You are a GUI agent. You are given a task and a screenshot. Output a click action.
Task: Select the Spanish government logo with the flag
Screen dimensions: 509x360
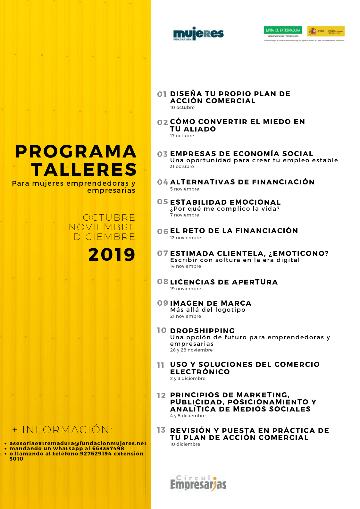click(x=326, y=31)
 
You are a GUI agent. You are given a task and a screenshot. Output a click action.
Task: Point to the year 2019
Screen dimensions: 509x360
click(x=112, y=255)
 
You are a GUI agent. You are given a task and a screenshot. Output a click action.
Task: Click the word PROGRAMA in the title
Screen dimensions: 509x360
click(x=76, y=152)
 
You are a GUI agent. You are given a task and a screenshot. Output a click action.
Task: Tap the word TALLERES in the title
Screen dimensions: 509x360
click(x=84, y=170)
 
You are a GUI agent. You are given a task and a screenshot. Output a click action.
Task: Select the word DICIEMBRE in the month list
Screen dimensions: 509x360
click(x=104, y=237)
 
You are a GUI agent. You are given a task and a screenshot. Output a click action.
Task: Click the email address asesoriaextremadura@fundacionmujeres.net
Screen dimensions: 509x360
click(x=78, y=443)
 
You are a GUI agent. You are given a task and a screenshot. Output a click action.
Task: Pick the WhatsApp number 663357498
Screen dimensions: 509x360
click(x=108, y=448)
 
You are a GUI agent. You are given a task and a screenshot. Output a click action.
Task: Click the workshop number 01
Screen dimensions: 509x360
click(x=162, y=94)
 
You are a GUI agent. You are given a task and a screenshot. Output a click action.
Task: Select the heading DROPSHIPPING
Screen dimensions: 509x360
click(x=202, y=331)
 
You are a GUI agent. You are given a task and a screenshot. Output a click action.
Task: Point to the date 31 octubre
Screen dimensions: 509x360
click(x=182, y=166)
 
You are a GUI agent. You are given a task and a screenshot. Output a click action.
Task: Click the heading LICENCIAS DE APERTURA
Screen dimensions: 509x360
click(x=224, y=282)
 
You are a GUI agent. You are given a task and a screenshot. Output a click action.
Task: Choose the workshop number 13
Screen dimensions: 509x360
click(x=161, y=430)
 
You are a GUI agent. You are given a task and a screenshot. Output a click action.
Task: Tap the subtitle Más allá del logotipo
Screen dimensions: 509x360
click(x=208, y=310)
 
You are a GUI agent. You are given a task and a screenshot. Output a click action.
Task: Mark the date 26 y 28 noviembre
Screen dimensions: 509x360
click(x=191, y=350)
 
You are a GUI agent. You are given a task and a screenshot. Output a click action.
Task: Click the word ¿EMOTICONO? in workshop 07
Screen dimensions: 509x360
click(x=299, y=253)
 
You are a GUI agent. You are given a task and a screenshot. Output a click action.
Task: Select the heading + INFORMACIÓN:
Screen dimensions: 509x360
click(x=63, y=429)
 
